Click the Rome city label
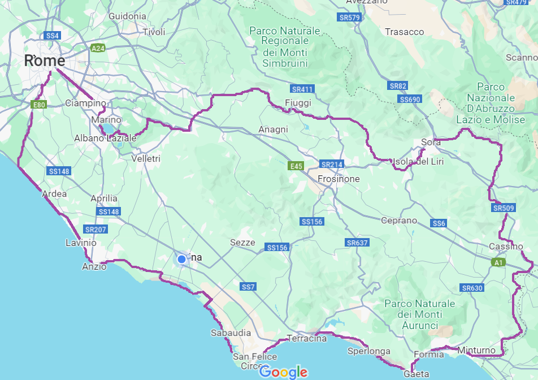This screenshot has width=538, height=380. (x=44, y=61)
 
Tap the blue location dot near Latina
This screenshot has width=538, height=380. (x=181, y=259)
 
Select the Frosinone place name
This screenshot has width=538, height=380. (x=339, y=179)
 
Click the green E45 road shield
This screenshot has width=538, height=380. (x=296, y=166)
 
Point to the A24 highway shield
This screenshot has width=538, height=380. (x=98, y=49)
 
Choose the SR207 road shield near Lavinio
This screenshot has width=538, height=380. (x=96, y=230)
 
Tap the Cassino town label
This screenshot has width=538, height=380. (x=506, y=247)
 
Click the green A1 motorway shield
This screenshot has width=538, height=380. (x=498, y=262)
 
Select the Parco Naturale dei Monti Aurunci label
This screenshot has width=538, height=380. (x=419, y=314)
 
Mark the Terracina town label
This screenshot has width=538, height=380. (x=307, y=339)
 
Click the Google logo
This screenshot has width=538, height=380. (x=283, y=372)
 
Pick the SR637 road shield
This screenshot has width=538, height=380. (x=357, y=243)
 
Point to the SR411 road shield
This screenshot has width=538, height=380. (x=302, y=89)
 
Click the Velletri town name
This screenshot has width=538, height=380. (x=146, y=159)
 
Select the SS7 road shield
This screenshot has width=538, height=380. (x=248, y=287)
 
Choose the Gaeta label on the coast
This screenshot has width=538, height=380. (x=416, y=374)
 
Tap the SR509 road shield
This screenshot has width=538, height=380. (x=504, y=208)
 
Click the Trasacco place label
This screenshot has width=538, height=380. (x=404, y=32)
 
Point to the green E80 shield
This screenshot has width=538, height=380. (x=39, y=105)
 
